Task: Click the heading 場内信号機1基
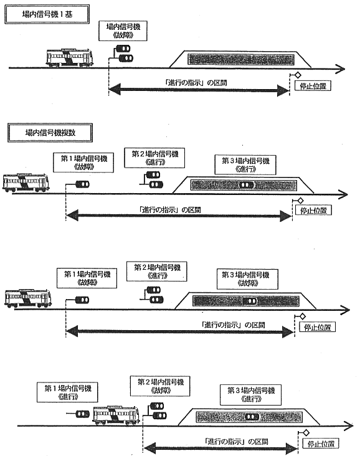(47, 14)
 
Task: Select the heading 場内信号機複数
(50, 133)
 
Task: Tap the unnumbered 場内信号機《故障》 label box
(123, 31)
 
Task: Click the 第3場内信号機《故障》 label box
(247, 279)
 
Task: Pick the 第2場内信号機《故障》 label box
(160, 386)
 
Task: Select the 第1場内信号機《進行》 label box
(67, 392)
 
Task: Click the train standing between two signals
(116, 416)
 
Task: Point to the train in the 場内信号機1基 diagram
(69, 58)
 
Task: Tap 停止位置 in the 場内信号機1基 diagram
(313, 86)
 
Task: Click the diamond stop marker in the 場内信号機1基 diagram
(298, 75)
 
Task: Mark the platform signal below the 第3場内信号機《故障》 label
(250, 302)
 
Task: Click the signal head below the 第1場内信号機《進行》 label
(83, 414)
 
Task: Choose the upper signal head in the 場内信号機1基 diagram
(123, 48)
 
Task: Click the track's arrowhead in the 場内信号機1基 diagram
(340, 69)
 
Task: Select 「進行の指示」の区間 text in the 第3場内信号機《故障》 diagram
(233, 325)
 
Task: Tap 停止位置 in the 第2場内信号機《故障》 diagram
(321, 444)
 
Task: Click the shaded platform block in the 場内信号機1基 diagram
(241, 60)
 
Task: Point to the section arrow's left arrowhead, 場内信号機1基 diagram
(115, 90)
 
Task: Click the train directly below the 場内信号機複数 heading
(26, 183)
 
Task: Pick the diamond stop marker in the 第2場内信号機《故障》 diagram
(306, 433)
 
